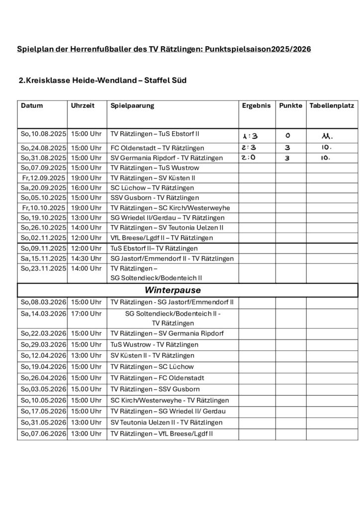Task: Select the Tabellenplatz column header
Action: pyautogui.click(x=331, y=106)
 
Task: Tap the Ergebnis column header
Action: pyautogui.click(x=256, y=106)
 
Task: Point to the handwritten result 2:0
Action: pyautogui.click(x=249, y=158)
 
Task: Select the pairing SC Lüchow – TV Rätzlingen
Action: pyautogui.click(x=152, y=188)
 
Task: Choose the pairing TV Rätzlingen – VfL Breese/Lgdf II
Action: pyautogui.click(x=162, y=434)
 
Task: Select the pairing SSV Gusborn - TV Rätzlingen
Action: pyautogui.click(x=155, y=198)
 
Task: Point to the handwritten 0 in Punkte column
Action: pyautogui.click(x=288, y=136)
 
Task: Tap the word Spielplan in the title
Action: pyautogui.click(x=34, y=50)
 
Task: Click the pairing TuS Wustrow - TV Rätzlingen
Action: pyautogui.click(x=154, y=344)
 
